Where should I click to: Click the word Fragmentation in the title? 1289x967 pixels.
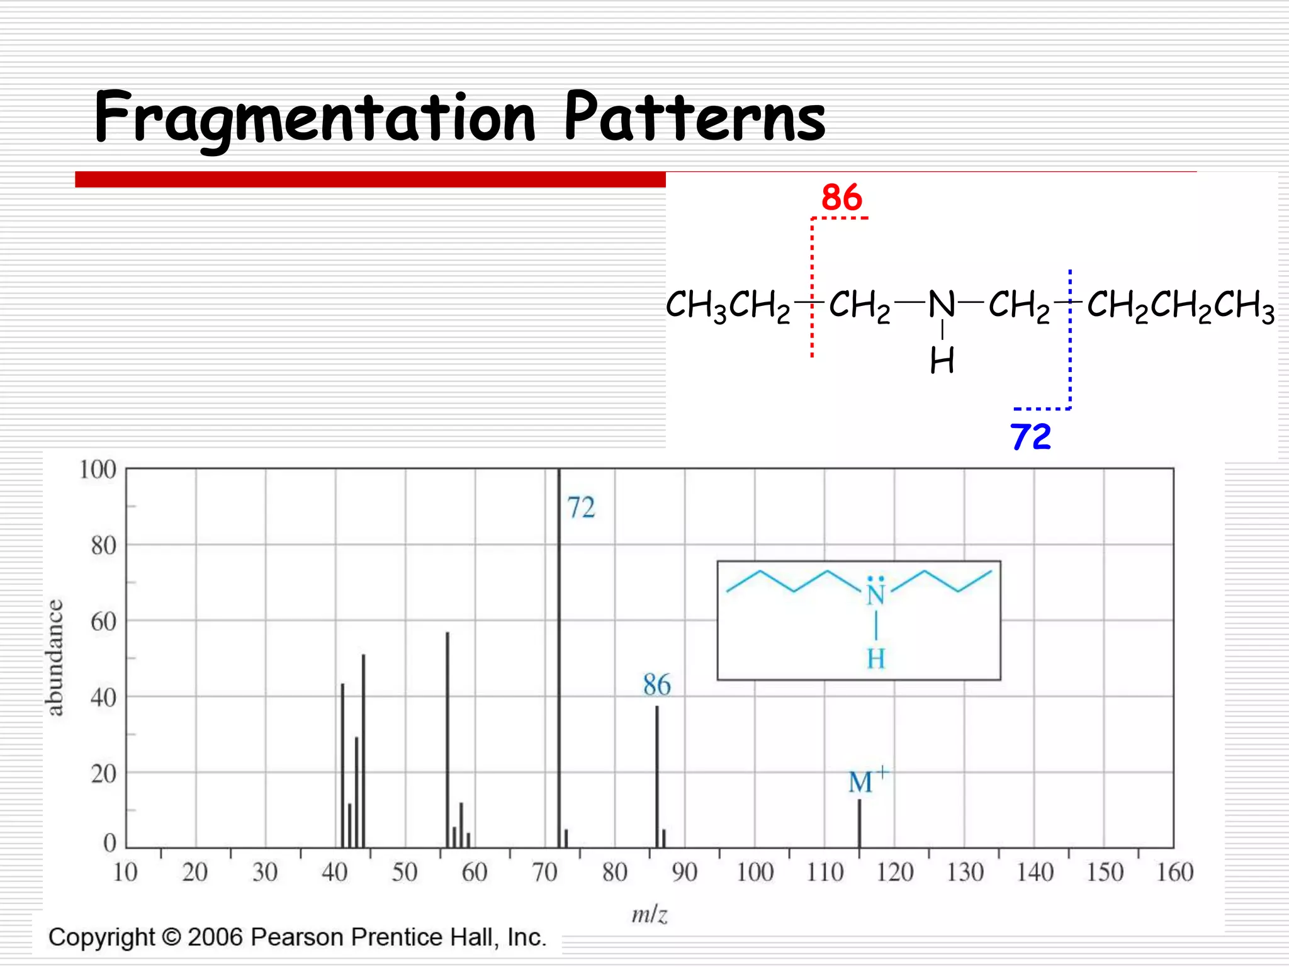click(x=315, y=118)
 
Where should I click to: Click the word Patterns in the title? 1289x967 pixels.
click(x=694, y=116)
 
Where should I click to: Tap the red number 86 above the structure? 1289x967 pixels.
click(x=842, y=198)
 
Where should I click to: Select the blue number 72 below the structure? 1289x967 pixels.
click(x=1030, y=436)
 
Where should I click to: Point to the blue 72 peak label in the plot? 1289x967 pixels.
click(x=580, y=507)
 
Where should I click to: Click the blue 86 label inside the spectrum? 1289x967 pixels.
click(x=656, y=684)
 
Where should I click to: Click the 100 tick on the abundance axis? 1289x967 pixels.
click(x=98, y=470)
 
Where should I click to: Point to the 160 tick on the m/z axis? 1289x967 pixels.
click(x=1174, y=873)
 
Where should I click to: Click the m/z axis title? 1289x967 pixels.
click(x=649, y=914)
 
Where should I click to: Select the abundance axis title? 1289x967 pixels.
click(x=55, y=657)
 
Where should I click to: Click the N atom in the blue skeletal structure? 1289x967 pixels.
click(x=875, y=595)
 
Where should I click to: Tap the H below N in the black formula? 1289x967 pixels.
click(x=942, y=361)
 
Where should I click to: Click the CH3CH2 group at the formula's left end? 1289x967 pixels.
click(x=728, y=305)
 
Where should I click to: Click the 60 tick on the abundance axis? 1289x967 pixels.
click(x=103, y=622)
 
